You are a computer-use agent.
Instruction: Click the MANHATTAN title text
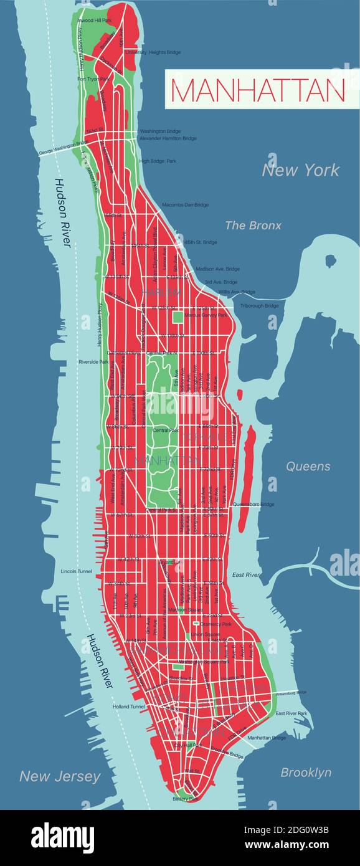point(257,90)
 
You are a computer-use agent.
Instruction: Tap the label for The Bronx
point(253,226)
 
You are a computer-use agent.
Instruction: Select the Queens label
point(308,466)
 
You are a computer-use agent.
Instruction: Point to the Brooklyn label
point(306,772)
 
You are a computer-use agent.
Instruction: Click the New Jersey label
point(60,776)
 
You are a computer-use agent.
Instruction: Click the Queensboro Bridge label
point(253,504)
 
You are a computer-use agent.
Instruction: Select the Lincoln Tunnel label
point(77,571)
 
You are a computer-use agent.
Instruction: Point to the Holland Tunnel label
point(129,707)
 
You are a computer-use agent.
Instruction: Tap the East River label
point(246,574)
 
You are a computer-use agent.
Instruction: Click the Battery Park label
point(186,798)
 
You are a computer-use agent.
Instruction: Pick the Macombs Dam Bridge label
point(185,204)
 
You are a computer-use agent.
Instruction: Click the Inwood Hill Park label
point(94,21)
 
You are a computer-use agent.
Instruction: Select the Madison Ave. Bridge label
point(217,269)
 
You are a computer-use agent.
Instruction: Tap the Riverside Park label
point(93,361)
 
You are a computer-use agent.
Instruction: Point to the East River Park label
point(291,713)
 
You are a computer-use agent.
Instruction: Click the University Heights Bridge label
point(153,52)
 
